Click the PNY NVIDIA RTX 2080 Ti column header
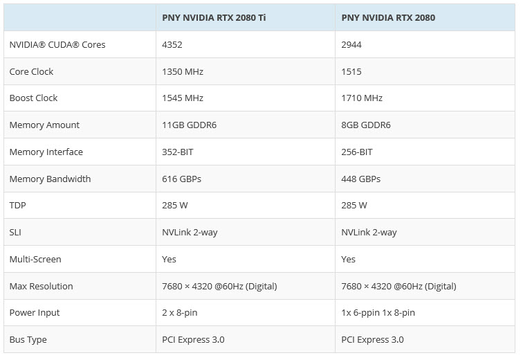tap(213, 18)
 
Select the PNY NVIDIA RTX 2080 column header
tap(388, 18)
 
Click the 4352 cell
tap(173, 45)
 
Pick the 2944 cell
tap(351, 45)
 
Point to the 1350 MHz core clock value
tap(183, 71)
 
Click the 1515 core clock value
tap(351, 71)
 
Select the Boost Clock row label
tap(33, 98)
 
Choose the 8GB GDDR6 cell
tap(366, 125)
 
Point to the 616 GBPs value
tap(181, 179)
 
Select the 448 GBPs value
tap(361, 179)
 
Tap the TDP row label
tap(17, 206)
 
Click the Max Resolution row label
tap(41, 286)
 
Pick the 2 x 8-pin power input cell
tap(179, 313)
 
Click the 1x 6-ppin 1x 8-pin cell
tap(378, 313)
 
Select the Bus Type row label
tap(28, 340)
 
